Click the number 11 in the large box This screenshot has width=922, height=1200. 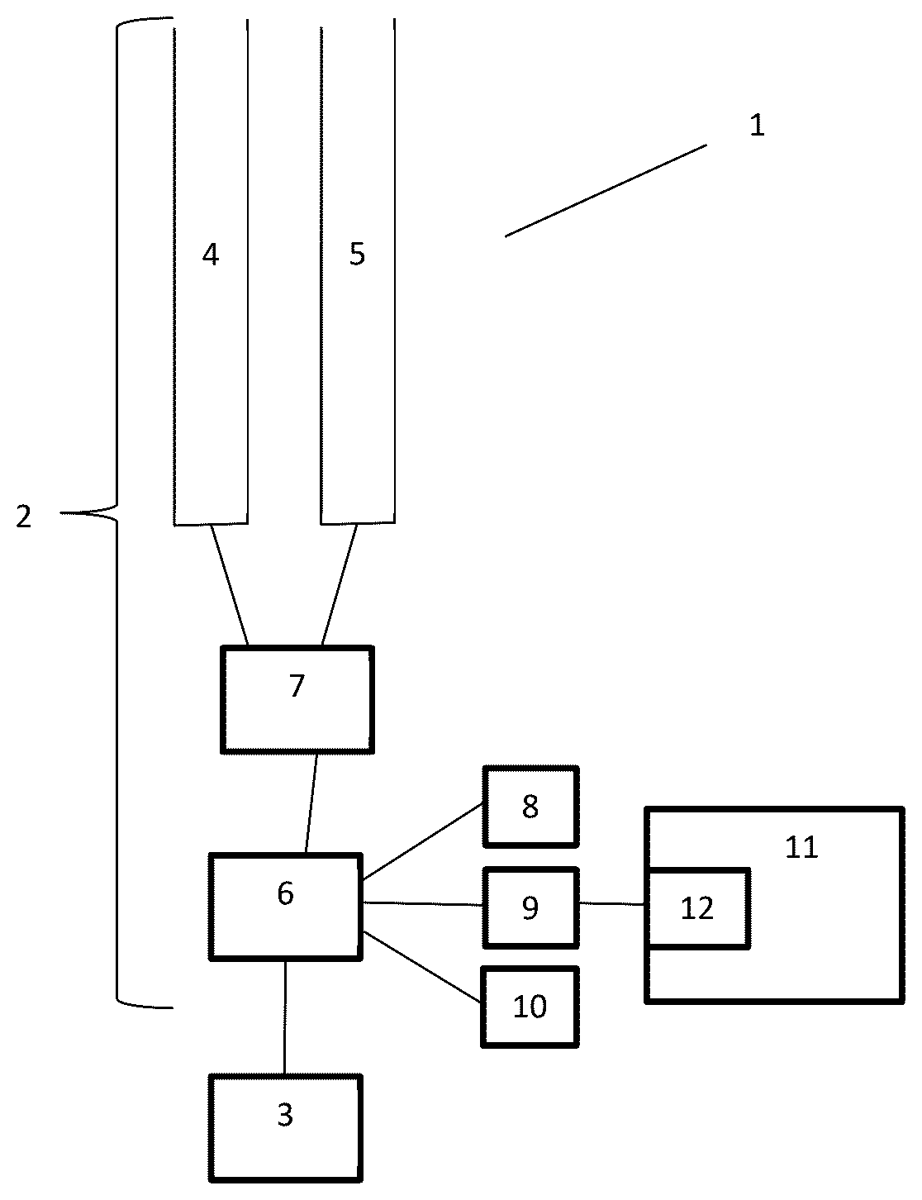point(801,846)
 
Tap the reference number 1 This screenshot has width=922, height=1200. point(757,125)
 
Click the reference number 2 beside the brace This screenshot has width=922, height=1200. point(24,517)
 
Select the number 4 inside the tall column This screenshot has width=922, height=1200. point(210,255)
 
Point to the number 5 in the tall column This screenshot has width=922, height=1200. point(358,255)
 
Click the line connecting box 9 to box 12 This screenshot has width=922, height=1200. point(612,904)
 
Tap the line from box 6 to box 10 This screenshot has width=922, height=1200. point(422,966)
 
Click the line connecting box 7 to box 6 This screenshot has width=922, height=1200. point(311,803)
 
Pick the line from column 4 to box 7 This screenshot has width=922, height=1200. point(230,585)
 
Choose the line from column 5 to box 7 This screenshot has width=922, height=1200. point(340,585)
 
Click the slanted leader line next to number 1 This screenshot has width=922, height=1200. point(606,191)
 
